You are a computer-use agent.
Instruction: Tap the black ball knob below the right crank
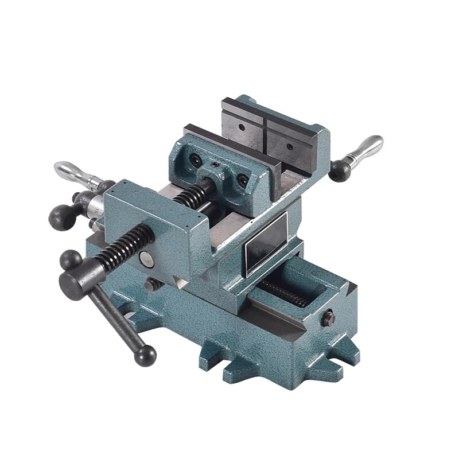340,171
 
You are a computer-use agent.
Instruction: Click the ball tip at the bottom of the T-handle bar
145,355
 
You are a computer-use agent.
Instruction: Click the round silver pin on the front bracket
147,260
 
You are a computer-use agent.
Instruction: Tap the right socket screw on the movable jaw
243,180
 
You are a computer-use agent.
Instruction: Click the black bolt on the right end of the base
328,317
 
